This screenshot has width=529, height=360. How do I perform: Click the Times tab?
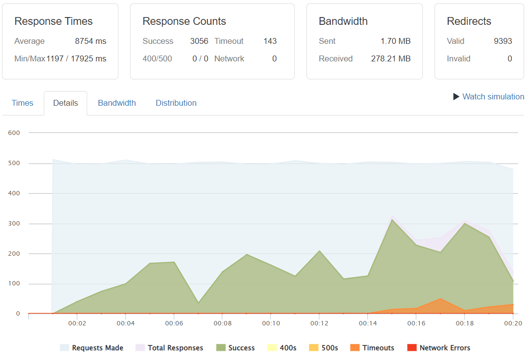[22, 103]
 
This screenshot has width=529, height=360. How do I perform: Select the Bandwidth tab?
[117, 103]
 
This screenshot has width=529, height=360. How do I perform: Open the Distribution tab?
[176, 103]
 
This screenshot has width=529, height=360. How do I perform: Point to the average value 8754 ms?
[91, 41]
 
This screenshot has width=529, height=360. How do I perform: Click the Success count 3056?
[199, 41]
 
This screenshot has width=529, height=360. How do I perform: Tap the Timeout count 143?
[270, 41]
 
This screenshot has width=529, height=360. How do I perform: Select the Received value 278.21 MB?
[391, 58]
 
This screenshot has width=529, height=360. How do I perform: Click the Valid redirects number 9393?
[503, 41]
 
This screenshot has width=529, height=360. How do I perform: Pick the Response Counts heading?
[184, 21]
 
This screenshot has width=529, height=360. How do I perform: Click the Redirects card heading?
[469, 21]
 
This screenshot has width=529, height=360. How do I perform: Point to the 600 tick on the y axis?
[14, 133]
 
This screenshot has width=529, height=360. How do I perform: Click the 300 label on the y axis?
[14, 224]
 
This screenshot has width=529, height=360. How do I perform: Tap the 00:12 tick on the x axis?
[319, 323]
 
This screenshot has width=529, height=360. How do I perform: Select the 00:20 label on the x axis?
[512, 323]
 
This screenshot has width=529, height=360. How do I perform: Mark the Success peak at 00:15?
[392, 219]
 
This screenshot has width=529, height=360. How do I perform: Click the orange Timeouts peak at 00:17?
[440, 299]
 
